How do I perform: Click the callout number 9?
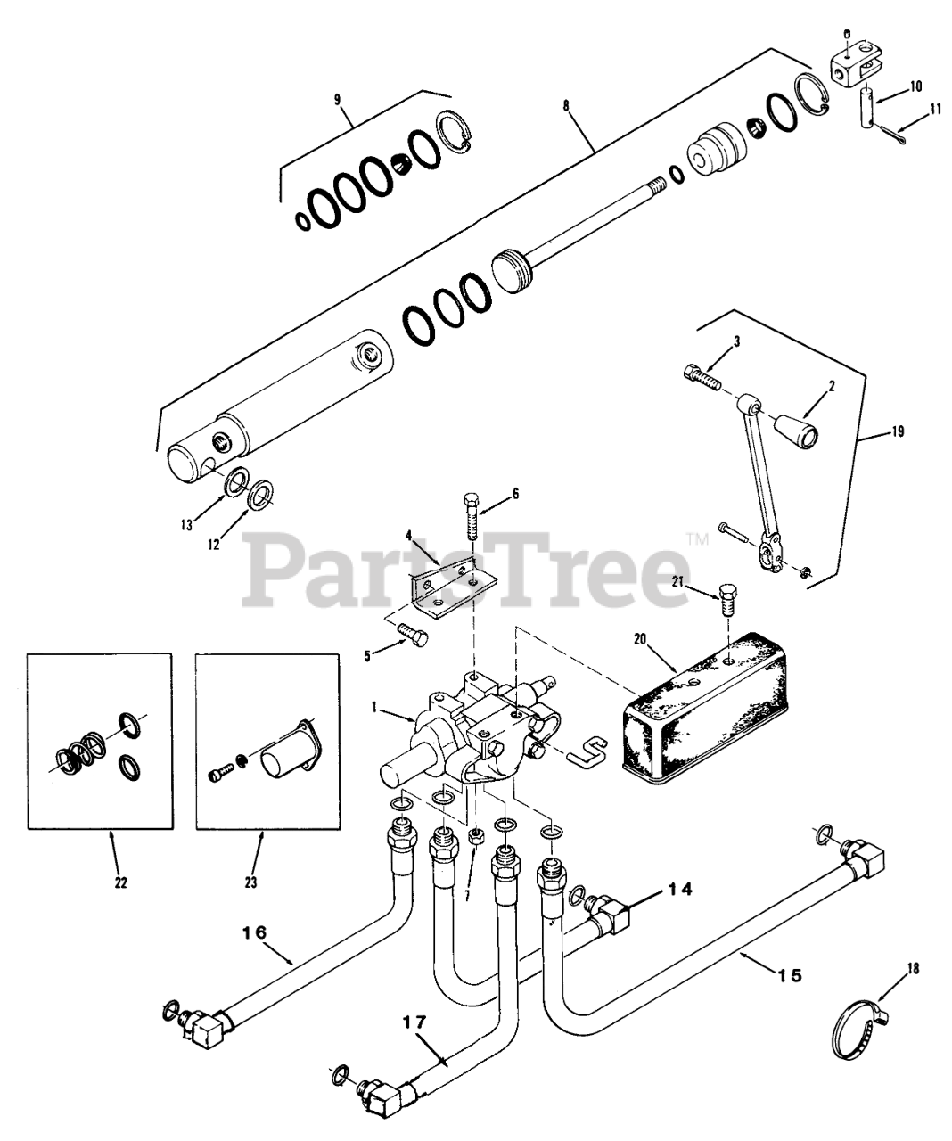coord(338,99)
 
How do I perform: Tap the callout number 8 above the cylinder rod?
coord(565,105)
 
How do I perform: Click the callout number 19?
coord(897,431)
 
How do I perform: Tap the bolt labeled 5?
coord(411,635)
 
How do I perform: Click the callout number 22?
coord(120,882)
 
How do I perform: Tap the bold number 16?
coord(254,932)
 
